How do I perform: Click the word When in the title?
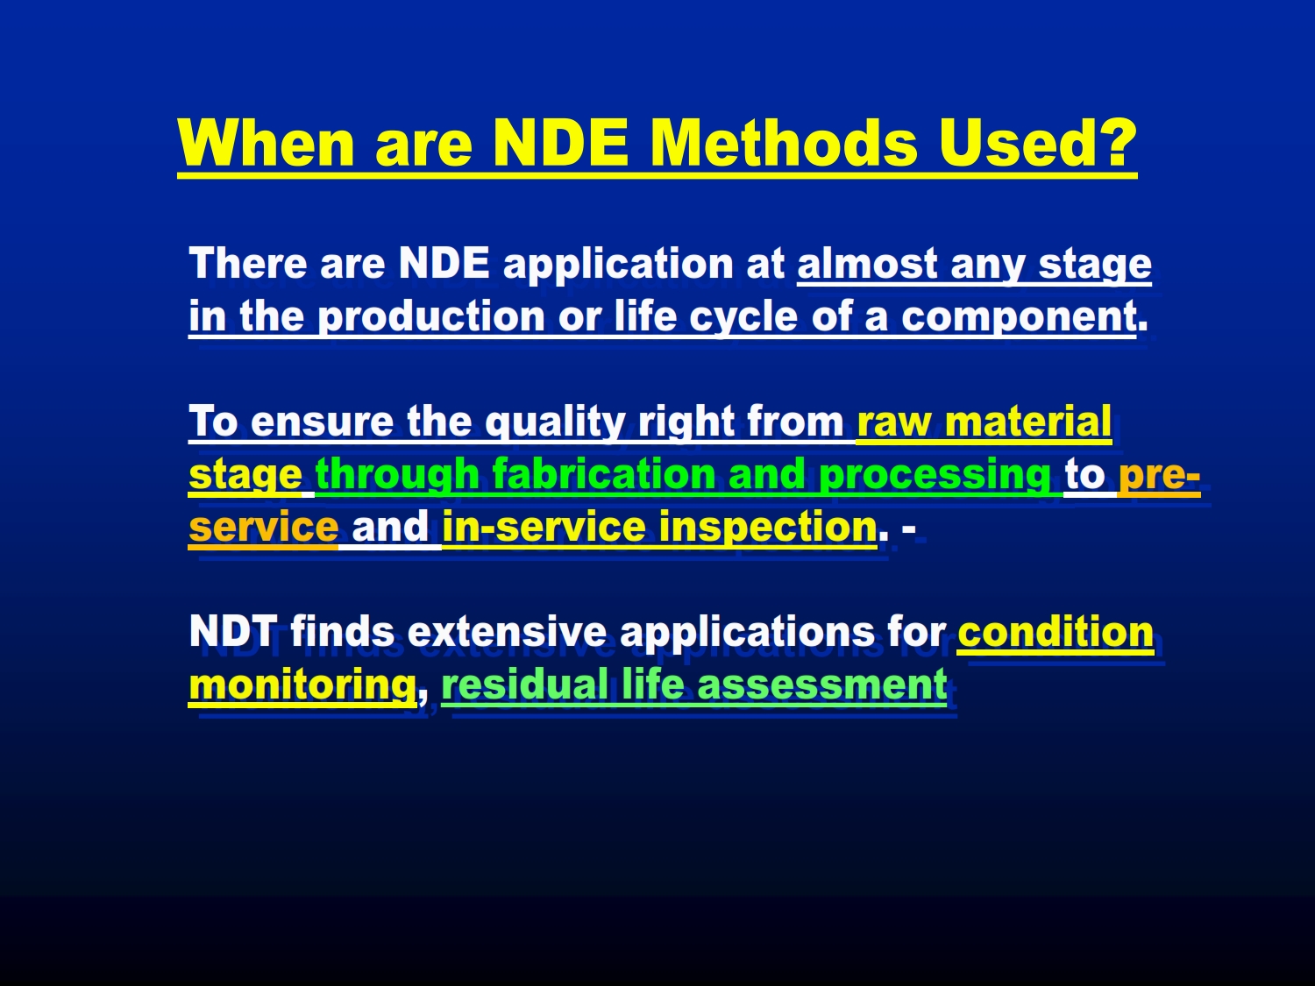click(x=266, y=143)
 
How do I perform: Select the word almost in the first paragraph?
click(x=867, y=264)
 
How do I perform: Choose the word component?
click(x=1019, y=316)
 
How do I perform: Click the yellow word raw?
click(x=894, y=422)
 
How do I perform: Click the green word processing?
click(x=935, y=475)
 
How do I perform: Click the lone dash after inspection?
click(x=908, y=528)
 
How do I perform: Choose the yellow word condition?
click(x=1056, y=631)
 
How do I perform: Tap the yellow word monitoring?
click(x=302, y=685)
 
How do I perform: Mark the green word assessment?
click(x=822, y=685)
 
